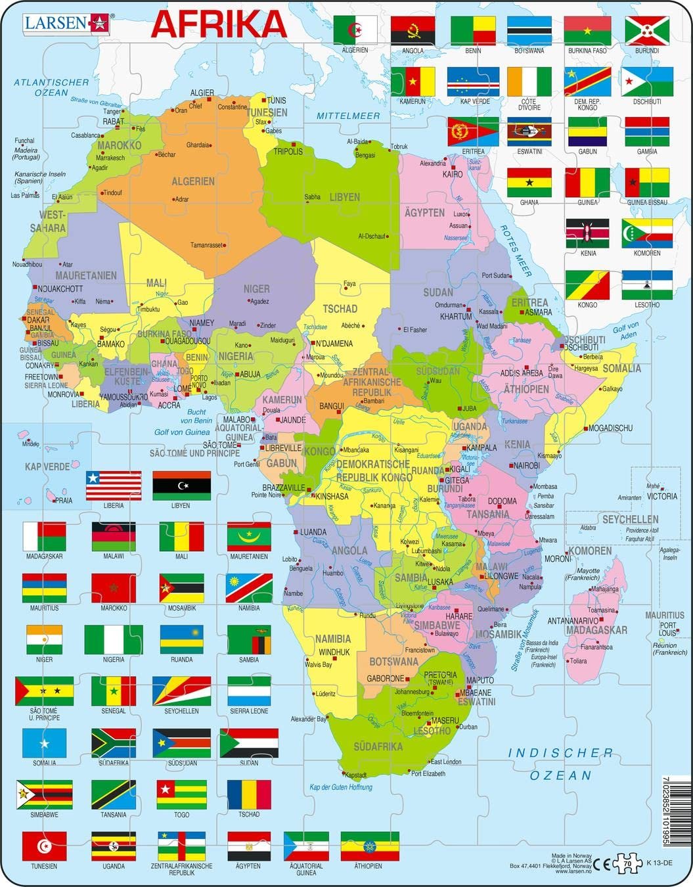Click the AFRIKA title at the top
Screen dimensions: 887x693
tap(219, 24)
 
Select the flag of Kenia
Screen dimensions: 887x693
tap(588, 233)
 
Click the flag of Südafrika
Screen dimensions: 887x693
tap(114, 742)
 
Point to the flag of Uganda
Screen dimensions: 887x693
tap(114, 846)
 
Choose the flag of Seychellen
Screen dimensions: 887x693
tap(182, 691)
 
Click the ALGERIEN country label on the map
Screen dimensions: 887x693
tap(193, 181)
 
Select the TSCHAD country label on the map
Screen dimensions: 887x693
tap(340, 308)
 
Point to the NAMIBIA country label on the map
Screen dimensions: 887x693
tap(333, 638)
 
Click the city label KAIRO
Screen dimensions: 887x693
tap(452, 174)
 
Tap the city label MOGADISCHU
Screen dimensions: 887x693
tap(611, 428)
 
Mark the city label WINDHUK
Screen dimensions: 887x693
tap(334, 652)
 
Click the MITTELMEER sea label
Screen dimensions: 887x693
tap(348, 116)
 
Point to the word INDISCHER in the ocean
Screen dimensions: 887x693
tap(561, 753)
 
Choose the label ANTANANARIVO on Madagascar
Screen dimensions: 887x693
tap(573, 620)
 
